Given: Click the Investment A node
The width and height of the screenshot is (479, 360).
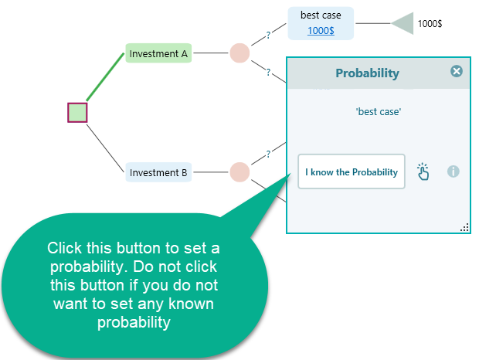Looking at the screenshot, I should (x=158, y=54).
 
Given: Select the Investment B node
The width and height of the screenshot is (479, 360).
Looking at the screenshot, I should (x=158, y=173).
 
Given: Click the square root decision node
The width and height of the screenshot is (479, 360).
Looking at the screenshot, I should (x=77, y=113).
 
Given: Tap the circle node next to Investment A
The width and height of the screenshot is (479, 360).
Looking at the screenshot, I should (x=240, y=53).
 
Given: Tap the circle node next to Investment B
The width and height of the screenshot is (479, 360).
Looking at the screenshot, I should (x=240, y=172).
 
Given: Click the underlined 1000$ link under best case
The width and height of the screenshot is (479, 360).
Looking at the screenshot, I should (x=321, y=30).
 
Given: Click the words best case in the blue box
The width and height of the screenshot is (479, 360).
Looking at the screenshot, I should (x=321, y=15).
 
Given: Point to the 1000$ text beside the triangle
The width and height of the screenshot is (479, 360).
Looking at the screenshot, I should (x=430, y=23).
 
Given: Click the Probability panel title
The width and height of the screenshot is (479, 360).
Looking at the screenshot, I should (x=367, y=73).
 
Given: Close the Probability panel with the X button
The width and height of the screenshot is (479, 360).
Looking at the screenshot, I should (x=457, y=71).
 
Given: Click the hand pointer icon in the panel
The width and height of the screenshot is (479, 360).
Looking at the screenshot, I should (x=423, y=172).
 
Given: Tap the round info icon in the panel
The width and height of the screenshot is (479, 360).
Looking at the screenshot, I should (x=454, y=172).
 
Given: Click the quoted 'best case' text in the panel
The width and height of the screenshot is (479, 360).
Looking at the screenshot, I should (x=379, y=112).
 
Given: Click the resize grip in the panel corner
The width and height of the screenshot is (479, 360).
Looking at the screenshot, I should (x=465, y=227).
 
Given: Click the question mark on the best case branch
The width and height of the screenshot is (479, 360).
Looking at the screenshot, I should (x=268, y=35).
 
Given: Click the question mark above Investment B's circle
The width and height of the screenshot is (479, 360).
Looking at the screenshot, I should (x=268, y=154).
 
